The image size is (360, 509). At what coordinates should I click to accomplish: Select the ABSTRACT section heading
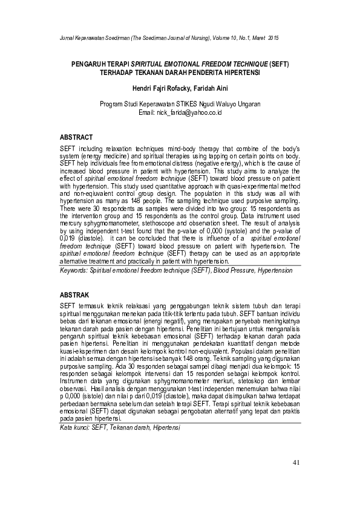pos(76,138)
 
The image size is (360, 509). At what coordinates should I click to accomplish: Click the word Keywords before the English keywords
pos(74,271)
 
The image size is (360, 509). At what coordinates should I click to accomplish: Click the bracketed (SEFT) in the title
pos(279,63)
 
